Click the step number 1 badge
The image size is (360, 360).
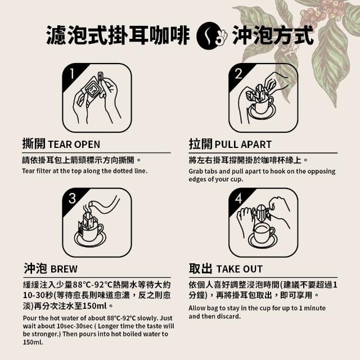(72, 74)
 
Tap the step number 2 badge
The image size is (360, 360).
(238, 74)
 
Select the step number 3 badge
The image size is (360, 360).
(72, 199)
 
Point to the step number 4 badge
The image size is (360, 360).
(238, 199)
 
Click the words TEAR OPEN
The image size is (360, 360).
(74, 145)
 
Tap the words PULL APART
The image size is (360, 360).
(243, 145)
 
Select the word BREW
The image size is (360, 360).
(64, 269)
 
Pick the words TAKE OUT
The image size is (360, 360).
(240, 269)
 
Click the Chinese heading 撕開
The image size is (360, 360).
(34, 144)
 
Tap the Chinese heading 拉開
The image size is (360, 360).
(200, 144)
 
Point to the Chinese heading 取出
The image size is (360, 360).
(200, 268)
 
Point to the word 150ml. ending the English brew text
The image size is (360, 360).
(33, 343)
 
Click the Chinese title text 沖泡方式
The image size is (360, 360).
(273, 35)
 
